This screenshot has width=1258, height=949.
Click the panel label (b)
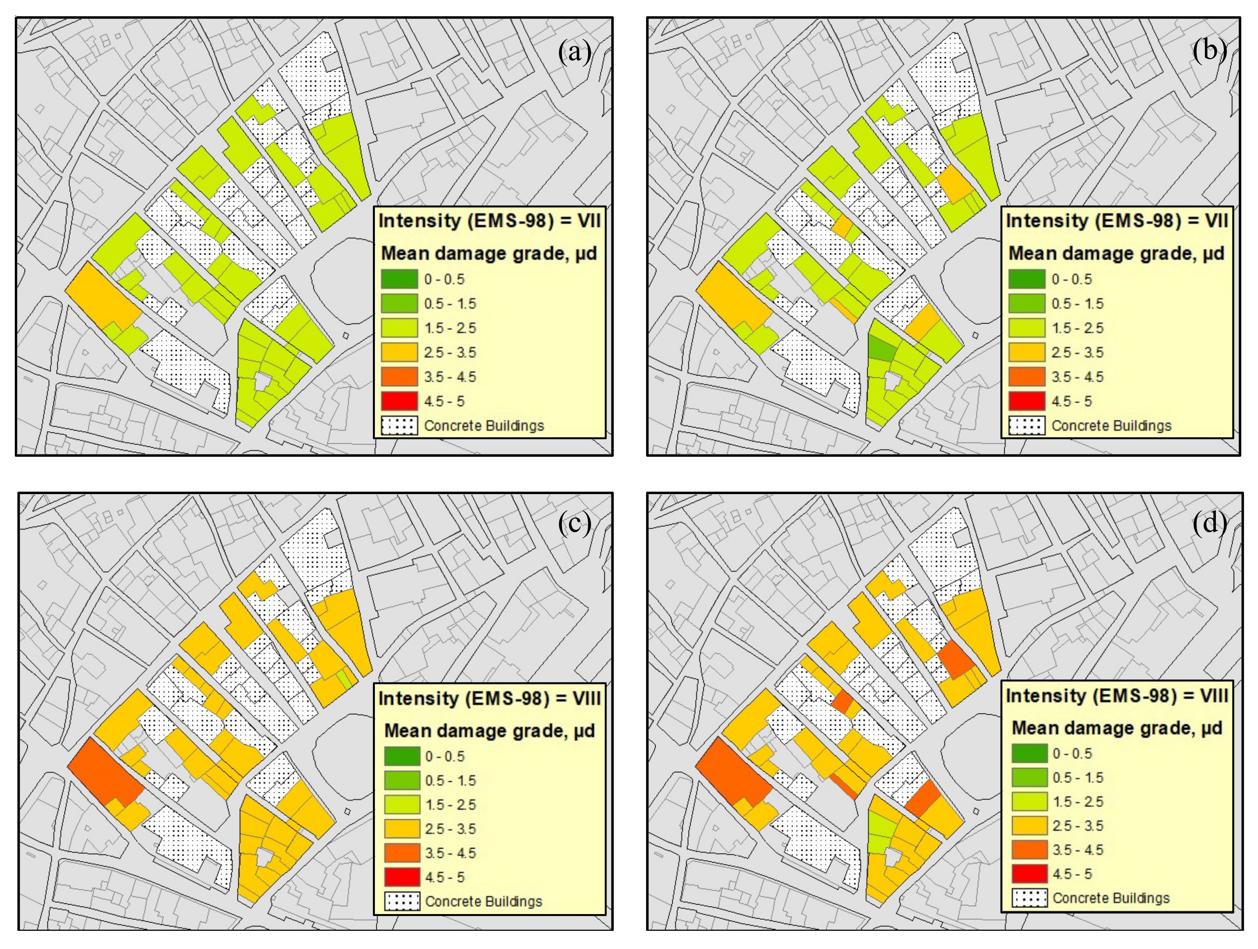1209,50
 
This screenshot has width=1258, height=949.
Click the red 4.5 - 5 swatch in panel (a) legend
399,401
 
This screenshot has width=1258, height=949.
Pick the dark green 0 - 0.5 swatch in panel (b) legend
1027,279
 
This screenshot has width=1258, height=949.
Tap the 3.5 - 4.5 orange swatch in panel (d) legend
1029,850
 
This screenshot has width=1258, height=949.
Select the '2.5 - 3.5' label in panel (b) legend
1077,352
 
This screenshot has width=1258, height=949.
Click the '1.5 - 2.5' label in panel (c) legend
450,804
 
